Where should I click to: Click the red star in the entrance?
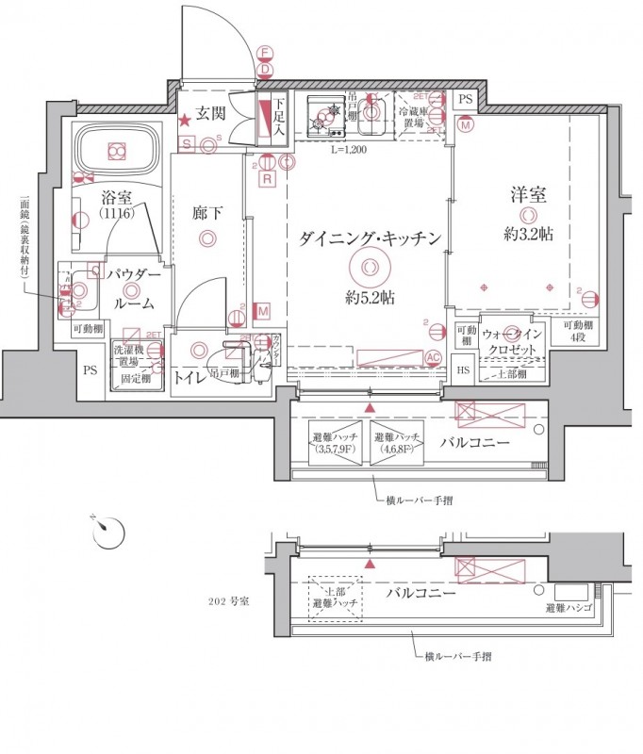pyautogui.click(x=186, y=120)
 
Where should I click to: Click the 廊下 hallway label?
pyautogui.click(x=206, y=214)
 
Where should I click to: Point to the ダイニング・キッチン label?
pyautogui.click(x=370, y=239)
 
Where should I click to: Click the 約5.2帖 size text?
pyautogui.click(x=370, y=298)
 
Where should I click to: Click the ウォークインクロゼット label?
pyautogui.click(x=512, y=341)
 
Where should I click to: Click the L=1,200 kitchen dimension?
pyautogui.click(x=349, y=149)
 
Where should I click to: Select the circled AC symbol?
pyautogui.click(x=434, y=356)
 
